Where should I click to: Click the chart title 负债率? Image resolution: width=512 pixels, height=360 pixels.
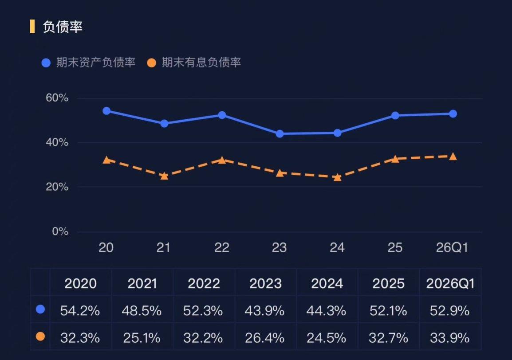point(63,27)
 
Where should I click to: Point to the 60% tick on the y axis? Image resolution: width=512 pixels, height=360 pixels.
point(57,98)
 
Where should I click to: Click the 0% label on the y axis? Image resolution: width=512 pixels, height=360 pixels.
point(60,231)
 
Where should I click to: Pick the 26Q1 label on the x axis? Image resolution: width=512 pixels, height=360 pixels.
point(452,248)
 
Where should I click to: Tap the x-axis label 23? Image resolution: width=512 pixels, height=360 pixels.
point(279,248)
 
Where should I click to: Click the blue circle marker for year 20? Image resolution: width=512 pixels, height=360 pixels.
point(106,111)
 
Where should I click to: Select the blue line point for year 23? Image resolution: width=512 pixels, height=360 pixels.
point(280,134)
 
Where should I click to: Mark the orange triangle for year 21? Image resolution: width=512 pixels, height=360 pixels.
point(164,176)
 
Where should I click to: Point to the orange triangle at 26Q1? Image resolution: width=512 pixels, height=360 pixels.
point(453,157)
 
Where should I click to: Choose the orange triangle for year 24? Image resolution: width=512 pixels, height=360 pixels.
point(337,177)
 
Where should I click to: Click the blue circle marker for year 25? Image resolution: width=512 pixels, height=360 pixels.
point(395,116)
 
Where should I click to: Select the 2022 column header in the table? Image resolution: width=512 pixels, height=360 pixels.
point(204,283)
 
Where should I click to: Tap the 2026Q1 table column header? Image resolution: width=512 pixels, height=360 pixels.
point(450,283)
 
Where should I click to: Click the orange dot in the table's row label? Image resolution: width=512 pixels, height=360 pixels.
point(40,336)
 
